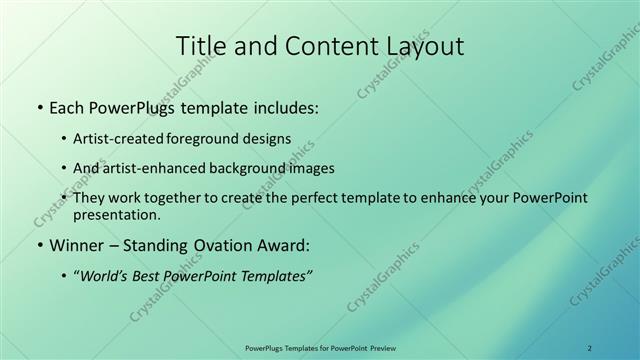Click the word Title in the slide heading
point(199,46)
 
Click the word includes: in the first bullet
point(282,106)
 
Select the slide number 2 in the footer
point(589,348)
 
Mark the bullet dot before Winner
point(39,245)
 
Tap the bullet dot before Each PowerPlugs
point(39,107)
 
